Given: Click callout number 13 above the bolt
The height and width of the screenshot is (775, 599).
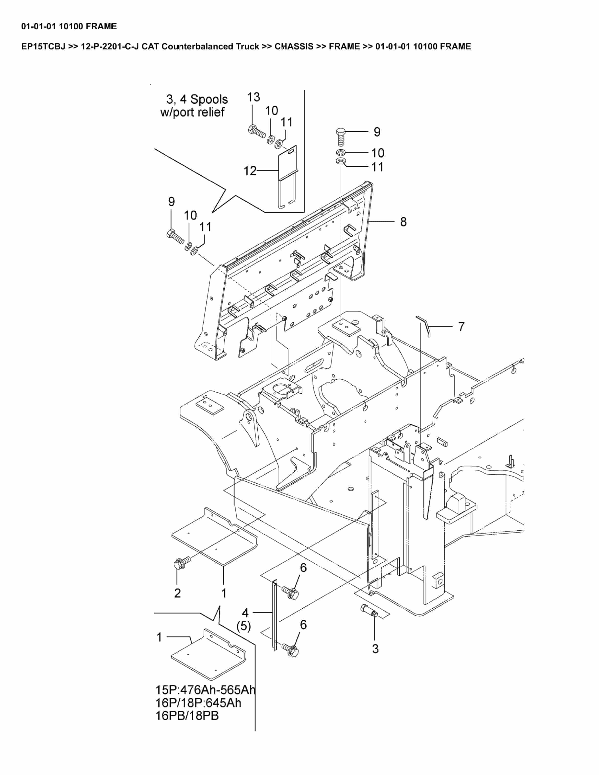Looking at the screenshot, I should point(253,97).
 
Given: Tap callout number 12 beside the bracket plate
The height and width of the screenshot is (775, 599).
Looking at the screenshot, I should point(250,171).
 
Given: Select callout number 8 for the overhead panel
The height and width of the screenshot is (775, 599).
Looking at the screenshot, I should point(403,222).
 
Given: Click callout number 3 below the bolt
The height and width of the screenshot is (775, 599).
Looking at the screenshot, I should point(375,649).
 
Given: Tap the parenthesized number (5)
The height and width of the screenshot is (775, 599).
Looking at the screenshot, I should point(244,626).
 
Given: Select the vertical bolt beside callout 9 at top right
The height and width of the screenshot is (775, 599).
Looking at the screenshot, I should point(340,137).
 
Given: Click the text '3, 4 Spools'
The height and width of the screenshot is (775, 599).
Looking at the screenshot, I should point(197,99).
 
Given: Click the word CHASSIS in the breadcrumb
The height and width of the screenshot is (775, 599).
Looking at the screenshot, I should point(294,46).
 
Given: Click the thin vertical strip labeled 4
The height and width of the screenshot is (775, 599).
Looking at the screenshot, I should point(274,615).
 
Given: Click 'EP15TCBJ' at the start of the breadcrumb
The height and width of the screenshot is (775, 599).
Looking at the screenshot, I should point(43,46).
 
